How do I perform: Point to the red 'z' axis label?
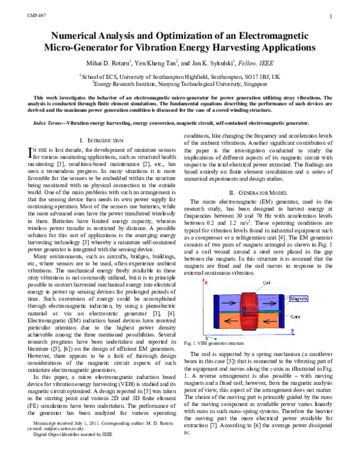206,265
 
